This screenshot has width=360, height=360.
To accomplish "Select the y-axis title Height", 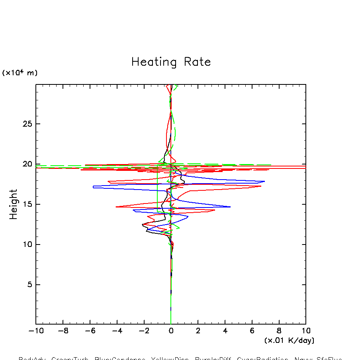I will pos(14,204).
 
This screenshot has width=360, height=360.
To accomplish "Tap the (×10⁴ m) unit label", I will pos(20,73).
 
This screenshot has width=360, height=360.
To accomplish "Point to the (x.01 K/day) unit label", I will pos(289,340).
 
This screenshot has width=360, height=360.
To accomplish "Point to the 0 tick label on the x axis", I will pos(171,331).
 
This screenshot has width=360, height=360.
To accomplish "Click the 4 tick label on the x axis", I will pos(225,331).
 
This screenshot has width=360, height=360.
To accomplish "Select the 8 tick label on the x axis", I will pos(279,331).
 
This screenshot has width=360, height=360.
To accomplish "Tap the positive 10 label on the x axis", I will pos(306,331).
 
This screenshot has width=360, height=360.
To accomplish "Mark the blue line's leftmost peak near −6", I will pos(93,187).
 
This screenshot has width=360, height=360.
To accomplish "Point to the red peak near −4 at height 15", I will pos(116,207).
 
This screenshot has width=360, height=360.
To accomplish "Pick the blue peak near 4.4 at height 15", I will pos(230,207).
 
